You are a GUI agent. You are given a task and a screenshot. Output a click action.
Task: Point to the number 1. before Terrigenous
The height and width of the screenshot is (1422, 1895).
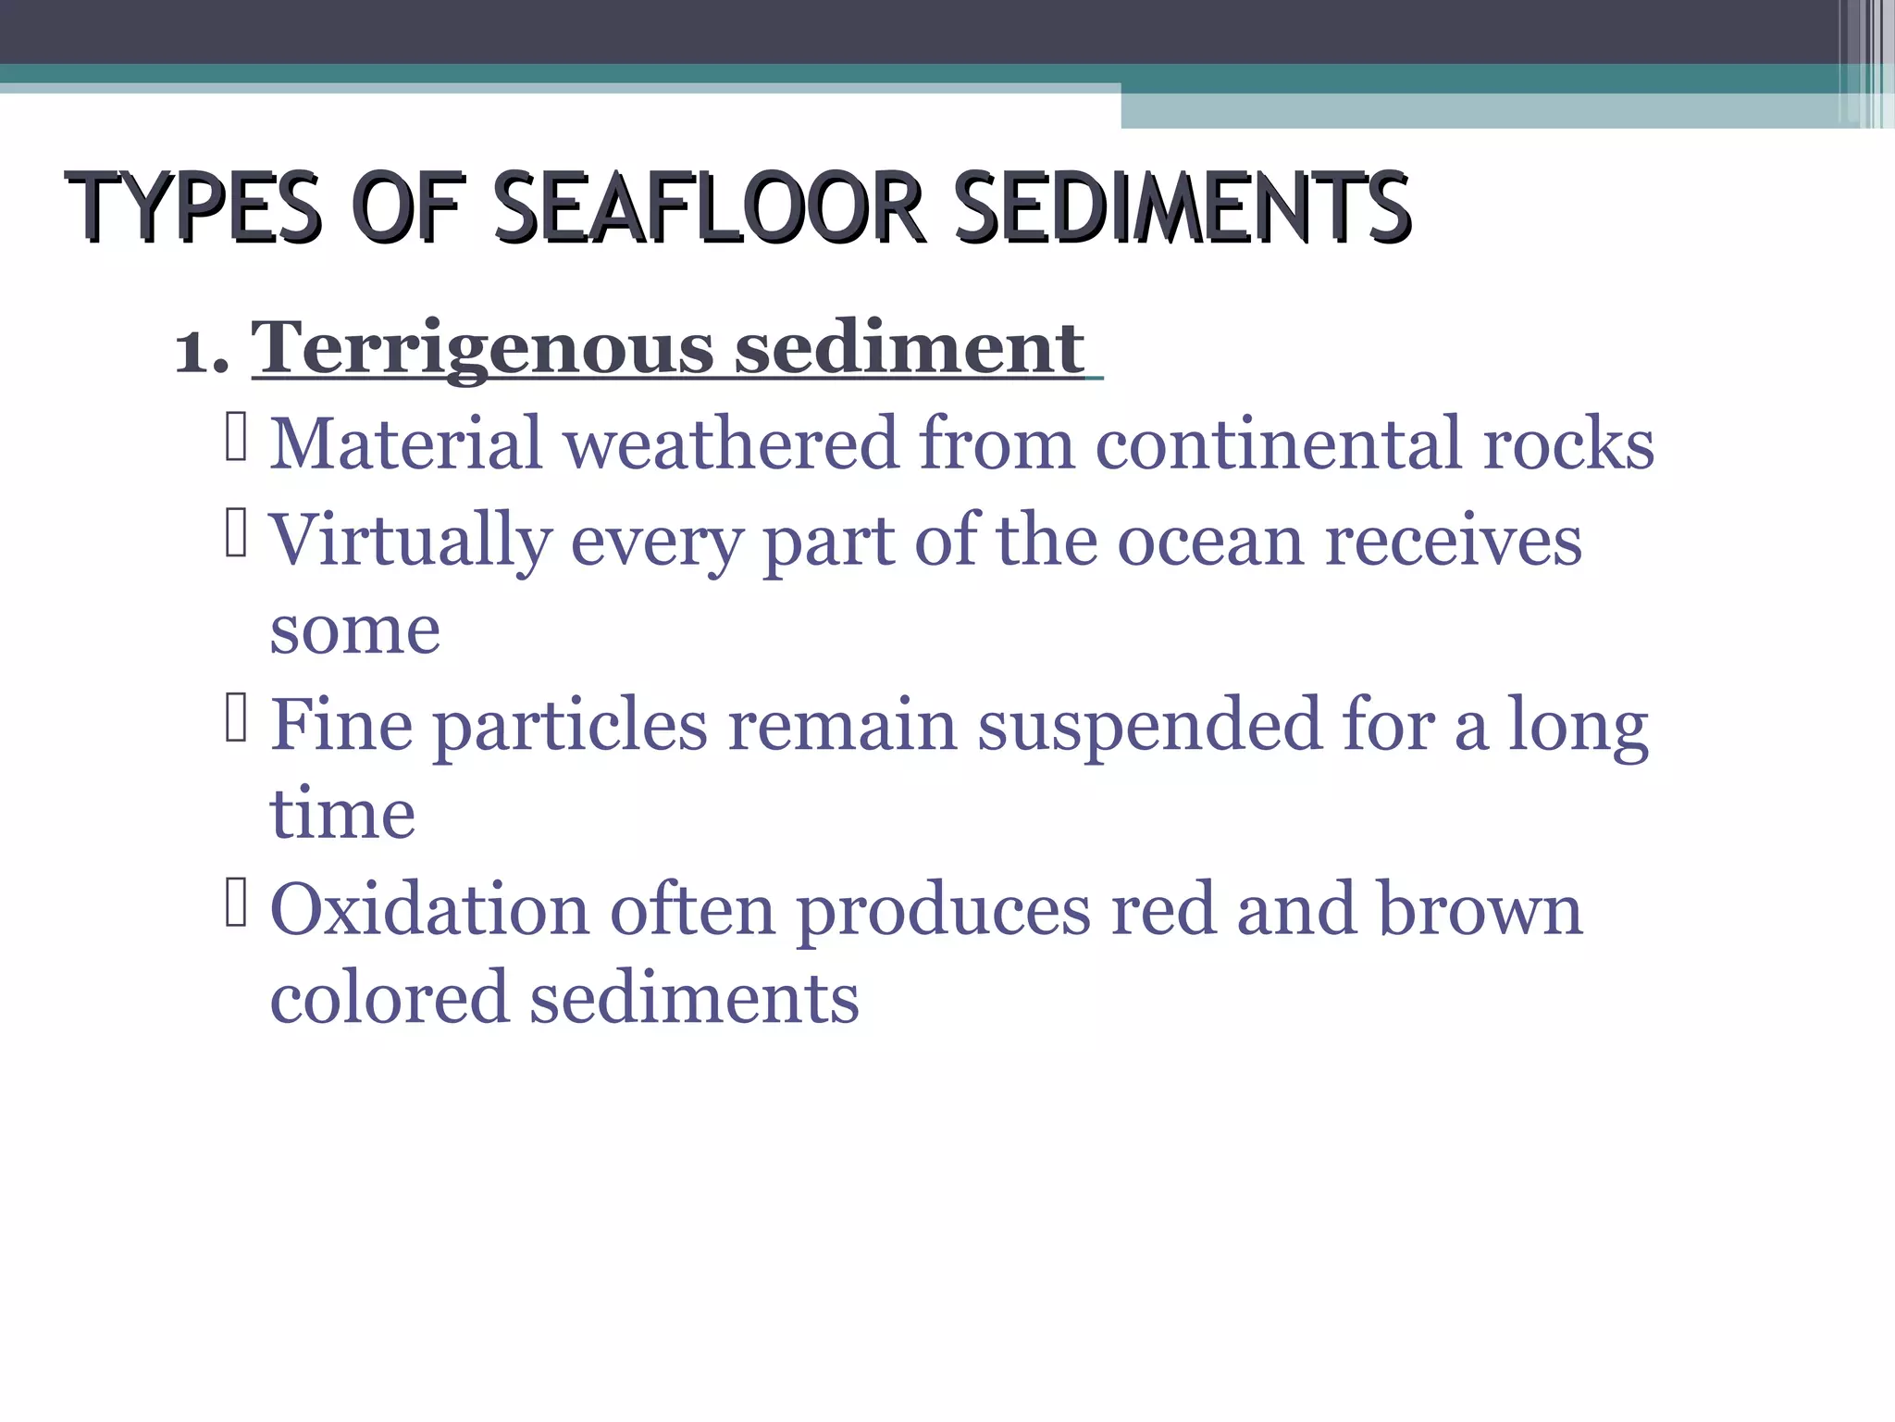(x=202, y=350)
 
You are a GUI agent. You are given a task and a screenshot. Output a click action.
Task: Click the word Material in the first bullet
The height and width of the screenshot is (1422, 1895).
(x=405, y=443)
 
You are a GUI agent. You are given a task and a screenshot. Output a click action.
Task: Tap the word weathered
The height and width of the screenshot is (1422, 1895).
(x=731, y=443)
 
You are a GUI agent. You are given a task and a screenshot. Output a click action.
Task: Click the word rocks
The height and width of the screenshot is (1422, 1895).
(x=1568, y=443)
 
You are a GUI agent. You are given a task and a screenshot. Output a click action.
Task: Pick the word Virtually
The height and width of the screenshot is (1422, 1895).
(x=411, y=541)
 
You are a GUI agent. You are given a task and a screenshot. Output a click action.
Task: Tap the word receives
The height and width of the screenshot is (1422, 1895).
(x=1453, y=539)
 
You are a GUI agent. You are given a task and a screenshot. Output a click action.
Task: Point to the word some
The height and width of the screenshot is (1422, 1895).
(x=355, y=631)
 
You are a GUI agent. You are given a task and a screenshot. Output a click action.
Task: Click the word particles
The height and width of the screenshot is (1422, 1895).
(x=571, y=726)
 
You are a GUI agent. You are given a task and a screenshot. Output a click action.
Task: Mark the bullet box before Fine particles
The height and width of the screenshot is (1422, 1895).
(x=236, y=718)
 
